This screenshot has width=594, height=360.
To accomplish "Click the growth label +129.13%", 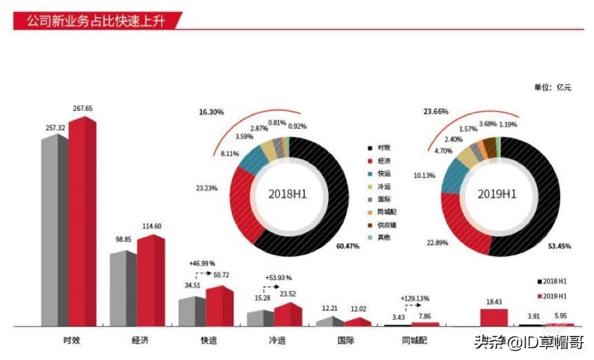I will pos(414,299).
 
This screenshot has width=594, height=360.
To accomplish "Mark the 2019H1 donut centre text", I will pos(497,194).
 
